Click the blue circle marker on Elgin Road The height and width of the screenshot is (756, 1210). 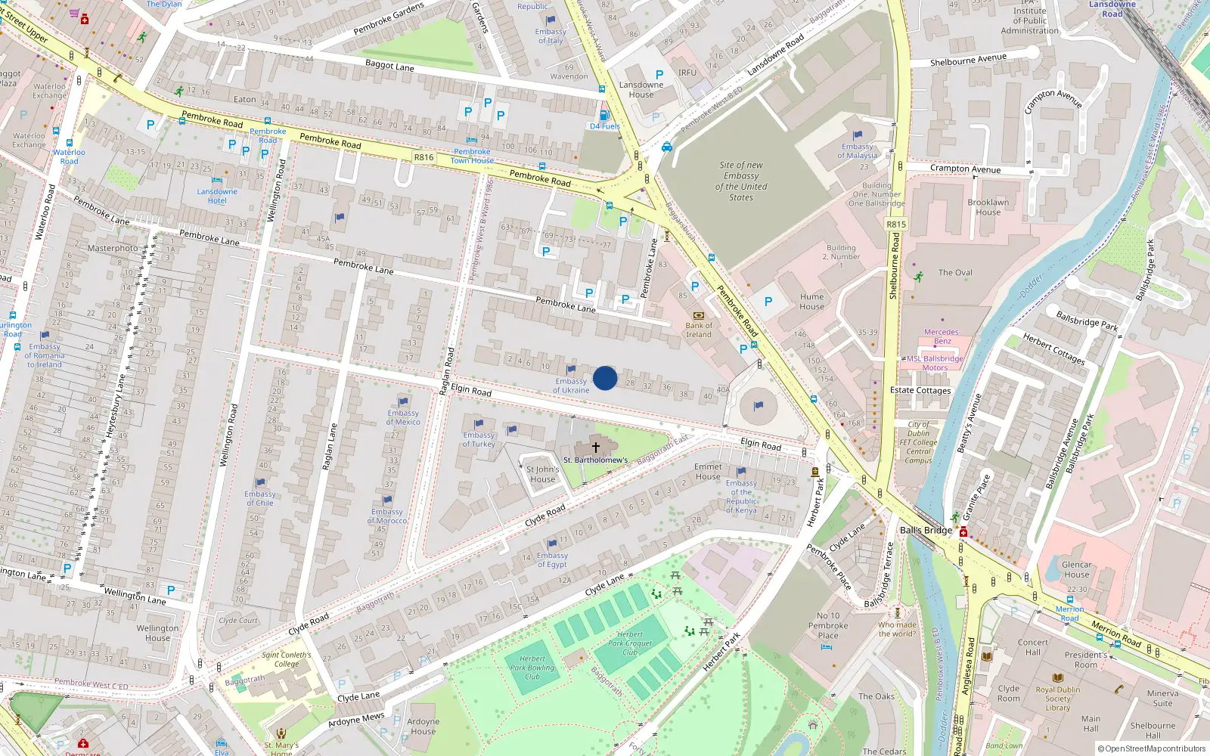point(605,378)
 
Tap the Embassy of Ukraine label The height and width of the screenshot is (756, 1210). point(571,386)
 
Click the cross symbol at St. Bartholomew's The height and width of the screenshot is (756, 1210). point(596,448)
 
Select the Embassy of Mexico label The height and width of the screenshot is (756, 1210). point(403,417)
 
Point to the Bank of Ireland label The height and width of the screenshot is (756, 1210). point(699,330)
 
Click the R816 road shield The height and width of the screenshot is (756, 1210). point(424,157)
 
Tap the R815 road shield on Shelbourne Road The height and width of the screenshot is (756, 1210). point(896,225)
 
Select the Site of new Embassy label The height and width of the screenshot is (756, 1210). point(741,181)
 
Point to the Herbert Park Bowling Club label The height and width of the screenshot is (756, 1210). point(532,668)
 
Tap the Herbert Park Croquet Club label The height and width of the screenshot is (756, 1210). point(630,643)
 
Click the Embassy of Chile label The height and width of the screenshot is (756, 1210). point(260,498)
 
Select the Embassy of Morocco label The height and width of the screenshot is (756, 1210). point(387,516)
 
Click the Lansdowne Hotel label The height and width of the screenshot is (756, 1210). point(217,196)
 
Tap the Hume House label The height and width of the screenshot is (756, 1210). point(811,302)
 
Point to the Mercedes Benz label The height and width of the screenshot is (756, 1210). point(942,336)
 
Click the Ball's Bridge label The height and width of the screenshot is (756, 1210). point(926,530)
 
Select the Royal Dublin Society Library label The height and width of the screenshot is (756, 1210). point(1058,699)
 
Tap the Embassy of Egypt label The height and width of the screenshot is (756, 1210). point(552,560)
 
